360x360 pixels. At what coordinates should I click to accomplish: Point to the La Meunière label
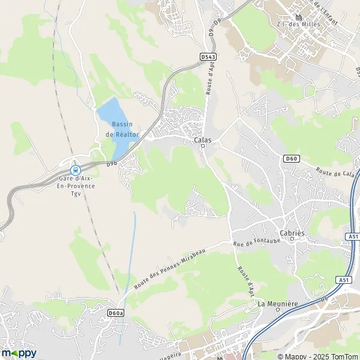277,304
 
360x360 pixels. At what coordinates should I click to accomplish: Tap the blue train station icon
76,170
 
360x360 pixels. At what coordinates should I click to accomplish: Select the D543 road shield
208,56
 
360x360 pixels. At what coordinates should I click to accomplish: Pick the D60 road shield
291,158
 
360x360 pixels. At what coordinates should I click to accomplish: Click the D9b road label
112,163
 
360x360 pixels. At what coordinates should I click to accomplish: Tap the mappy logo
19,353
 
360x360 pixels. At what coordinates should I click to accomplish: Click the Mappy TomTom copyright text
319,355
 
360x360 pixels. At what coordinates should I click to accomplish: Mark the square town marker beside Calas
202,149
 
